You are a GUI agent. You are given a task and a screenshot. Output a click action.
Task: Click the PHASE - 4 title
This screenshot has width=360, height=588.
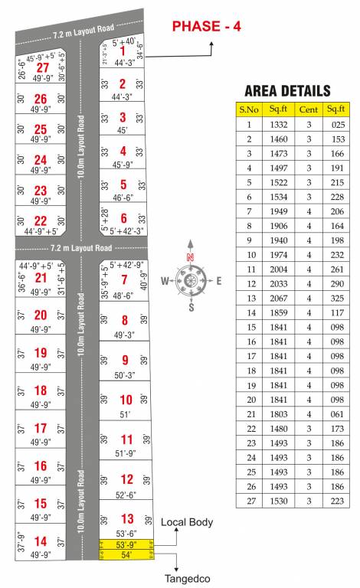pos(206,26)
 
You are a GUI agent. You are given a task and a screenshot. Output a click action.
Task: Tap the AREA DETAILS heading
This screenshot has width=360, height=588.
pos(287,90)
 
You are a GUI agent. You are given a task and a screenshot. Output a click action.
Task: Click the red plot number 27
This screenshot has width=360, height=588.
pos(42,67)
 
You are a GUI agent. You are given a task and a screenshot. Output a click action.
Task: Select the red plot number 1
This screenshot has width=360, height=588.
pos(123,51)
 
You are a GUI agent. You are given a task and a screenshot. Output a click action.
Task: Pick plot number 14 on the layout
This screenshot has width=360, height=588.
pos(41,541)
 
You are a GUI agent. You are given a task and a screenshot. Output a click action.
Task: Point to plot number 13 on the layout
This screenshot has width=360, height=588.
pos(127,518)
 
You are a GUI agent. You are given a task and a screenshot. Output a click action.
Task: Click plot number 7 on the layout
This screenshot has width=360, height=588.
pos(124,279)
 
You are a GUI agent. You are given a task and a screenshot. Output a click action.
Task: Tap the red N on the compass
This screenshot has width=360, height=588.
pos(191,257)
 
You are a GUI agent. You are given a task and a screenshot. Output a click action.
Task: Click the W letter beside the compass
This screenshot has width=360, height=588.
pos(165,280)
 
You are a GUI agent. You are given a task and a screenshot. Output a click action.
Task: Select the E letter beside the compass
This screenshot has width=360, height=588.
pos(218,280)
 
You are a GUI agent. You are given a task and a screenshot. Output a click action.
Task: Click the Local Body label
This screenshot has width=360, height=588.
pos(187,522)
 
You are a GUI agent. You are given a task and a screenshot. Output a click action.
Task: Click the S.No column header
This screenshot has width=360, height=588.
pos(249,109)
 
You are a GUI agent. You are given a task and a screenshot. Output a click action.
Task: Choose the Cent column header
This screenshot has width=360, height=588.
pos(309,109)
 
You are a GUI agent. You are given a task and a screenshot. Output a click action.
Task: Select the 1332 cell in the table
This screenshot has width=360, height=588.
pos(279,124)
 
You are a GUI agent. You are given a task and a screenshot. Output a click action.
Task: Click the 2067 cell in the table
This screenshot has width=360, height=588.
pos(279,297)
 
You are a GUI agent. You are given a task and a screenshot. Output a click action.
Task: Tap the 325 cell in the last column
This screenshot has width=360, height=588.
pos(339,297)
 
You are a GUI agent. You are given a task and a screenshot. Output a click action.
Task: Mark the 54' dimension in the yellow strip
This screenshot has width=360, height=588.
pos(127,554)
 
